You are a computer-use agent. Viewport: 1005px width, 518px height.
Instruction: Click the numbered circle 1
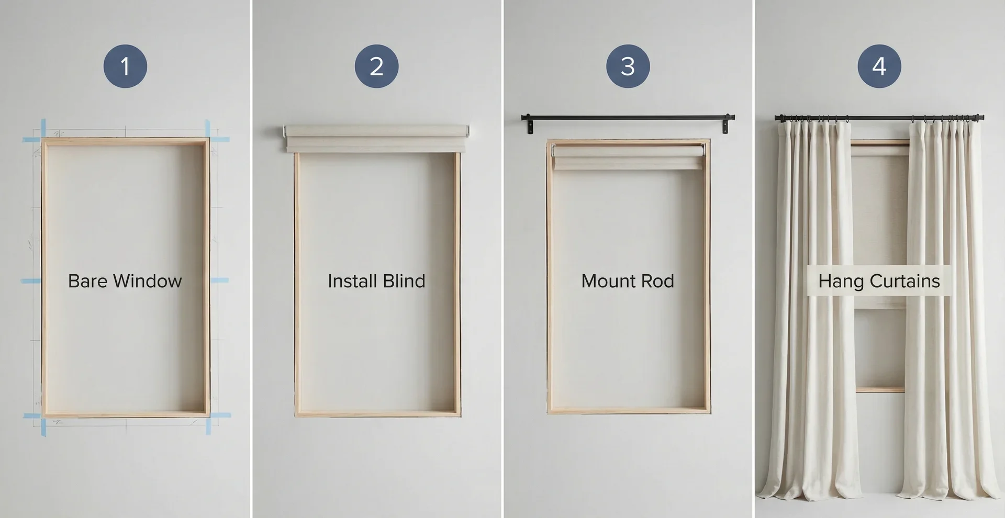point(125,66)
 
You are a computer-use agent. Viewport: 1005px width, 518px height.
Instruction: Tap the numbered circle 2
point(376,66)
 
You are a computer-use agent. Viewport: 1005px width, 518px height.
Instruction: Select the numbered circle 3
point(628,66)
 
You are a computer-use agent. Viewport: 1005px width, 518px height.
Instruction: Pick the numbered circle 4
point(879,66)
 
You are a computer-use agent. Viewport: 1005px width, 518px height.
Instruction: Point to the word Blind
point(404,281)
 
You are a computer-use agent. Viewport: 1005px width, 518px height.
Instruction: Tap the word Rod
point(657,281)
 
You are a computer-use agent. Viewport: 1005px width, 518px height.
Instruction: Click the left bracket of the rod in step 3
point(530,126)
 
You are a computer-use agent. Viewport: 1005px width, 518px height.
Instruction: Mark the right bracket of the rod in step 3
point(725,126)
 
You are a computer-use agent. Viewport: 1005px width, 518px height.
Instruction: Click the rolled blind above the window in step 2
point(376,138)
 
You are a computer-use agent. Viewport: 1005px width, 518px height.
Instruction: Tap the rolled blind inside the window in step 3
point(628,157)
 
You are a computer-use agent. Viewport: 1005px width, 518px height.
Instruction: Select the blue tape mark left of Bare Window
point(31,281)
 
